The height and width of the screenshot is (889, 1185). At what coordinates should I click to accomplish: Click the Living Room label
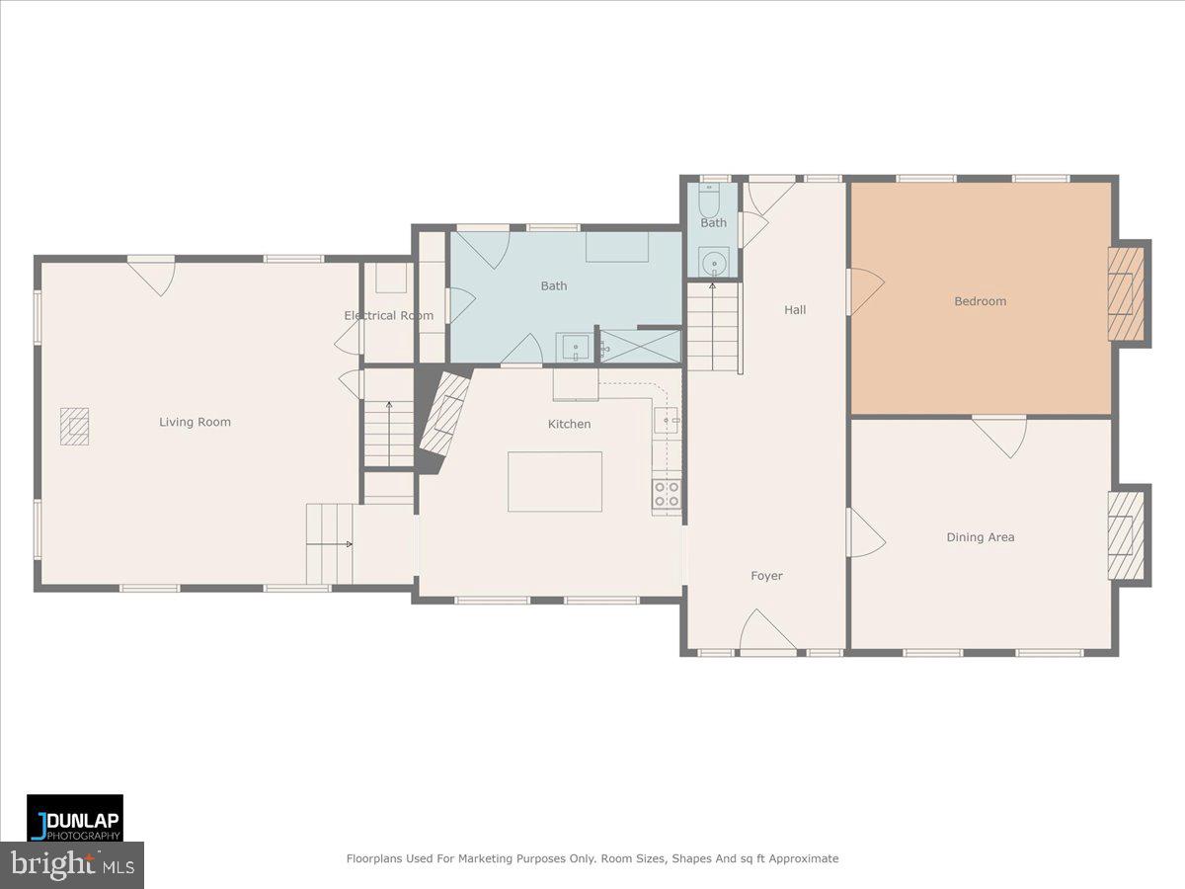tap(195, 422)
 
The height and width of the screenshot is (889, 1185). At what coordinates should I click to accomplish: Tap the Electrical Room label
tap(388, 315)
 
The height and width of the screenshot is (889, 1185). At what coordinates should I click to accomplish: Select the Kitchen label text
tap(570, 424)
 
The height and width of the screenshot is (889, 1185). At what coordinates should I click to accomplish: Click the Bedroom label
tap(980, 301)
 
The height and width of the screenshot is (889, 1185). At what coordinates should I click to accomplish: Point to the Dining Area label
tap(980, 537)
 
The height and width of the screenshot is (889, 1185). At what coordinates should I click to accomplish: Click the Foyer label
tap(766, 576)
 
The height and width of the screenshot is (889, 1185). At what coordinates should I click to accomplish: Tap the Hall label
tap(795, 309)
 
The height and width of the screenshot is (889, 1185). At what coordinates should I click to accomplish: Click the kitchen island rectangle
tap(555, 481)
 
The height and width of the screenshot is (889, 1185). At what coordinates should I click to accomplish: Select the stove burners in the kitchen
tap(667, 494)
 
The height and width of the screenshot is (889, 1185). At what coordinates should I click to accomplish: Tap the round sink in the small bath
tap(712, 263)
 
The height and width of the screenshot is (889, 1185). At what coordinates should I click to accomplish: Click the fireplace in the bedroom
tap(1126, 293)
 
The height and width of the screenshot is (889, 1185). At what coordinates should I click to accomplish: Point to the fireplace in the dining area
tap(1126, 535)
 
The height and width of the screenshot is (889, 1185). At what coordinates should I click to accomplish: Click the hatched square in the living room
tap(74, 428)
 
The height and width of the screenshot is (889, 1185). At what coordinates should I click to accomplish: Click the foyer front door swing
tap(765, 632)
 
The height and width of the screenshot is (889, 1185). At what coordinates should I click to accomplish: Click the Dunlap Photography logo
tap(75, 818)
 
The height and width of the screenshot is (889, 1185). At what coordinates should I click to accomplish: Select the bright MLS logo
tap(72, 865)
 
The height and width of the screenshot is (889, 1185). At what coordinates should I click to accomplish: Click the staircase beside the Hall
tap(713, 327)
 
